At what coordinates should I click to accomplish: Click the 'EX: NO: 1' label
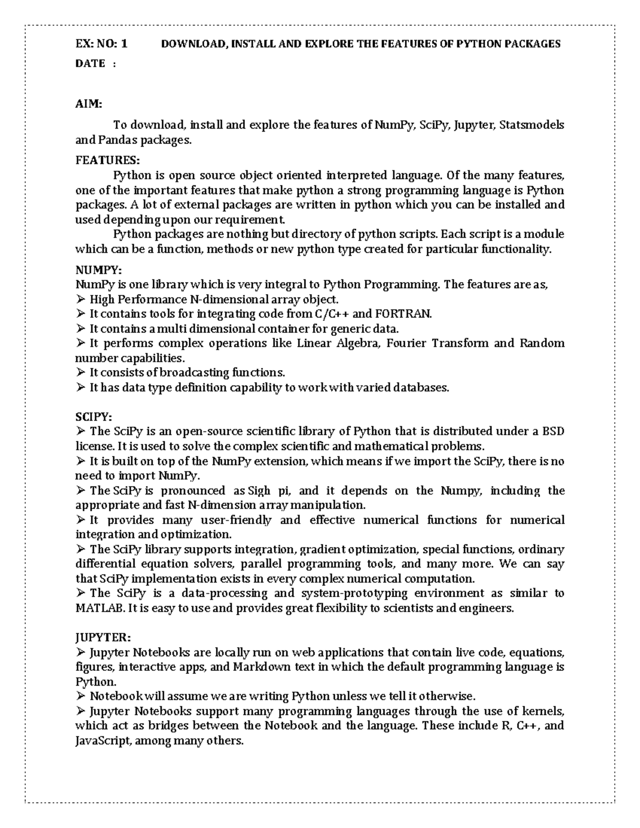pyautogui.click(x=101, y=44)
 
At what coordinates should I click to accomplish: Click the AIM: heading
pyautogui.click(x=88, y=104)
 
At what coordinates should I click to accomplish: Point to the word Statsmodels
pyautogui.click(x=532, y=125)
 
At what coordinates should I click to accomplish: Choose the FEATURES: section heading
pyautogui.click(x=107, y=160)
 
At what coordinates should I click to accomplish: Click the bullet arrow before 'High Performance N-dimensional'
pyautogui.click(x=81, y=299)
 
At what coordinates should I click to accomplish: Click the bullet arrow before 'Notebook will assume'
pyautogui.click(x=81, y=696)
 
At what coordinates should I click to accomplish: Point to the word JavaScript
pyautogui.click(x=102, y=741)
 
